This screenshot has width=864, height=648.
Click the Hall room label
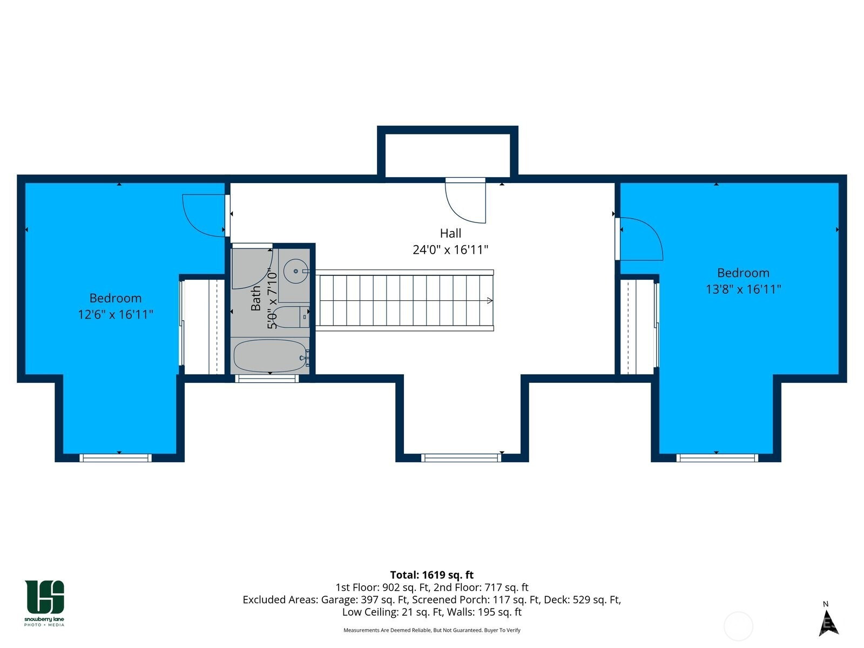(x=450, y=233)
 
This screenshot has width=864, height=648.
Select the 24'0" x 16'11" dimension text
(x=450, y=250)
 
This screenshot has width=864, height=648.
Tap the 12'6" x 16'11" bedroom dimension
(x=116, y=314)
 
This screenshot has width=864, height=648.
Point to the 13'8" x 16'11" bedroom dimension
(x=743, y=289)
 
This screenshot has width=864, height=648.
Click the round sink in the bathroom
(x=295, y=271)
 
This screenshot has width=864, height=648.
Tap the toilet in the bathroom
(x=291, y=317)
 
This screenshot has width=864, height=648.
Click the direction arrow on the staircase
(x=490, y=301)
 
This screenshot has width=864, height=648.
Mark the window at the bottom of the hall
(x=461, y=457)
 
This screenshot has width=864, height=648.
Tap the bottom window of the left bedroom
(x=116, y=457)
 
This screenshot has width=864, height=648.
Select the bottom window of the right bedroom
(x=717, y=457)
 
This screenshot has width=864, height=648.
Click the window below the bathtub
(x=267, y=379)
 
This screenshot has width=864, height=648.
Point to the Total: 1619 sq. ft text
(x=432, y=575)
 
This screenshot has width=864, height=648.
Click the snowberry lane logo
(x=44, y=603)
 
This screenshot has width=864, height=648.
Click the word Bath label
(x=256, y=298)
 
